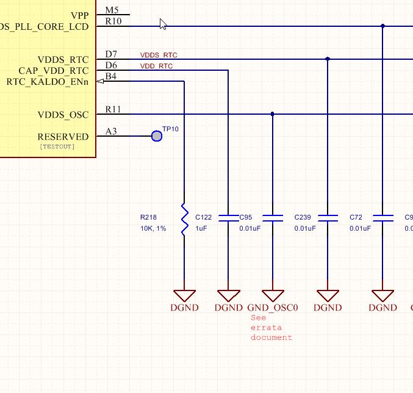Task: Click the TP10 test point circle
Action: (157, 136)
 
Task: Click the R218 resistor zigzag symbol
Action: (184, 219)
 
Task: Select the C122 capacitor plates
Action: (228, 218)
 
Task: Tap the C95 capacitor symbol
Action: (273, 218)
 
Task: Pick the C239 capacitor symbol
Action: (328, 218)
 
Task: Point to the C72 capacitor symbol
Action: (383, 218)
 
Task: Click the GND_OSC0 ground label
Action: (273, 308)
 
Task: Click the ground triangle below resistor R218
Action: (184, 295)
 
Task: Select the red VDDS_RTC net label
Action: (159, 55)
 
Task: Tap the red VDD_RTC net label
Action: (156, 66)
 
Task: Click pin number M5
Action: (112, 10)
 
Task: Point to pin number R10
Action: (113, 21)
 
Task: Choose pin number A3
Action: (111, 131)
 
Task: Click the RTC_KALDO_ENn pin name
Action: (48, 82)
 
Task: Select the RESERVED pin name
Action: (63, 137)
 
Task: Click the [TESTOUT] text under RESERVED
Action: (57, 146)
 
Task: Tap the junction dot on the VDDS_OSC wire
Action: (272, 114)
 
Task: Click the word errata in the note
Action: (266, 328)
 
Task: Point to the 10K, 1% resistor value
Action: (153, 228)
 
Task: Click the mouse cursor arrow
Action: (163, 24)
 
